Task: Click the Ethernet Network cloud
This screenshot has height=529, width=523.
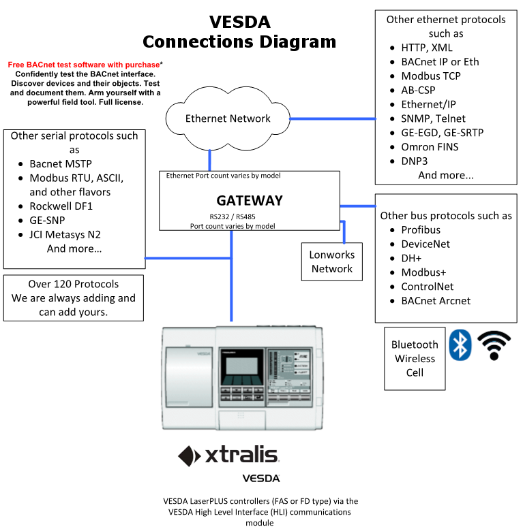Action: tap(228, 118)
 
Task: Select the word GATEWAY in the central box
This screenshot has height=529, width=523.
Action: tap(249, 201)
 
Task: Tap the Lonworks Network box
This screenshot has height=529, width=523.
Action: tap(331, 261)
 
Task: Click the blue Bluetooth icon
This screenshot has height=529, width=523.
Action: tap(460, 344)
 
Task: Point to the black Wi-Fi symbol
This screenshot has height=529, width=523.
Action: tap(494, 345)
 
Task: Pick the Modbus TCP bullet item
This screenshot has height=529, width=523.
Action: tap(430, 76)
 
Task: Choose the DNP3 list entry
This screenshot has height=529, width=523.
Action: tap(414, 161)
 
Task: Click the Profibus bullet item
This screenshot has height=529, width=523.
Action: tap(421, 230)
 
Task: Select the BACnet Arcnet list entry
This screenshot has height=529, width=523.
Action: tap(436, 301)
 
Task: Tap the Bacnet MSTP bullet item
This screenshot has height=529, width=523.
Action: tap(60, 164)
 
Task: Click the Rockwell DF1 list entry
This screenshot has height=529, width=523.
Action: tap(60, 206)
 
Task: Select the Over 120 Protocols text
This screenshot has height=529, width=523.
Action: tap(73, 284)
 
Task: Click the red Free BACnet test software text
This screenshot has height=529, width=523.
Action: tap(84, 65)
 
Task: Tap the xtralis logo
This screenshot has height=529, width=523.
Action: tap(228, 455)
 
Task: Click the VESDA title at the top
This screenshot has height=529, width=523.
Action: tap(239, 22)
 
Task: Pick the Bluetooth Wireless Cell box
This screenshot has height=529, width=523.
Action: tap(415, 359)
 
